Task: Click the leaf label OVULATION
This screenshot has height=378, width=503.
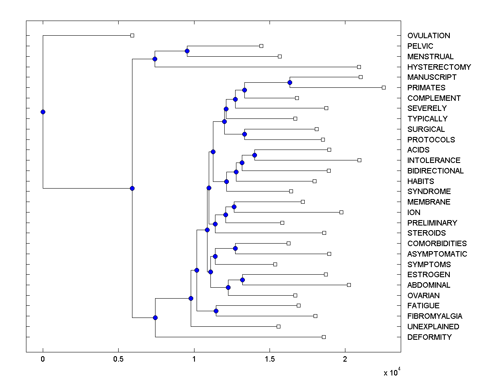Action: tap(428, 36)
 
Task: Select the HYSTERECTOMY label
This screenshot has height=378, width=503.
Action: tap(439, 67)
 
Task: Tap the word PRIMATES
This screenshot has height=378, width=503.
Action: tap(426, 88)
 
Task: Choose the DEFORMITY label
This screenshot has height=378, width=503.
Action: tap(429, 337)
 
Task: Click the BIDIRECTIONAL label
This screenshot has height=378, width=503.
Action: tap(435, 171)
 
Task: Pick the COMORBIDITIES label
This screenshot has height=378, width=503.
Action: tap(437, 244)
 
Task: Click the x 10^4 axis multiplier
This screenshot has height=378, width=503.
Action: tap(392, 373)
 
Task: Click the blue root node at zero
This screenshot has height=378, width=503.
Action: tap(43, 112)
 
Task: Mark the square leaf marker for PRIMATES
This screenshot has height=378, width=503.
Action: tap(384, 87)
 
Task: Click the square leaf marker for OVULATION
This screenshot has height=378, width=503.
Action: tap(132, 35)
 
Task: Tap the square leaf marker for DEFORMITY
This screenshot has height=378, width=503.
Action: tap(324, 337)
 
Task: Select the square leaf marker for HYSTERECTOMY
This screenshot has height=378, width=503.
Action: tap(359, 67)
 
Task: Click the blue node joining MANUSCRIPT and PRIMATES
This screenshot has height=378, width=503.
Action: tap(290, 82)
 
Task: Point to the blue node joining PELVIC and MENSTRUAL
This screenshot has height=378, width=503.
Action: tap(187, 51)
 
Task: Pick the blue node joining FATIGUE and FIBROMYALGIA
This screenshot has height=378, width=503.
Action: tap(216, 311)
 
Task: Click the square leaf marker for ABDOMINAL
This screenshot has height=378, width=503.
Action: tap(349, 285)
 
